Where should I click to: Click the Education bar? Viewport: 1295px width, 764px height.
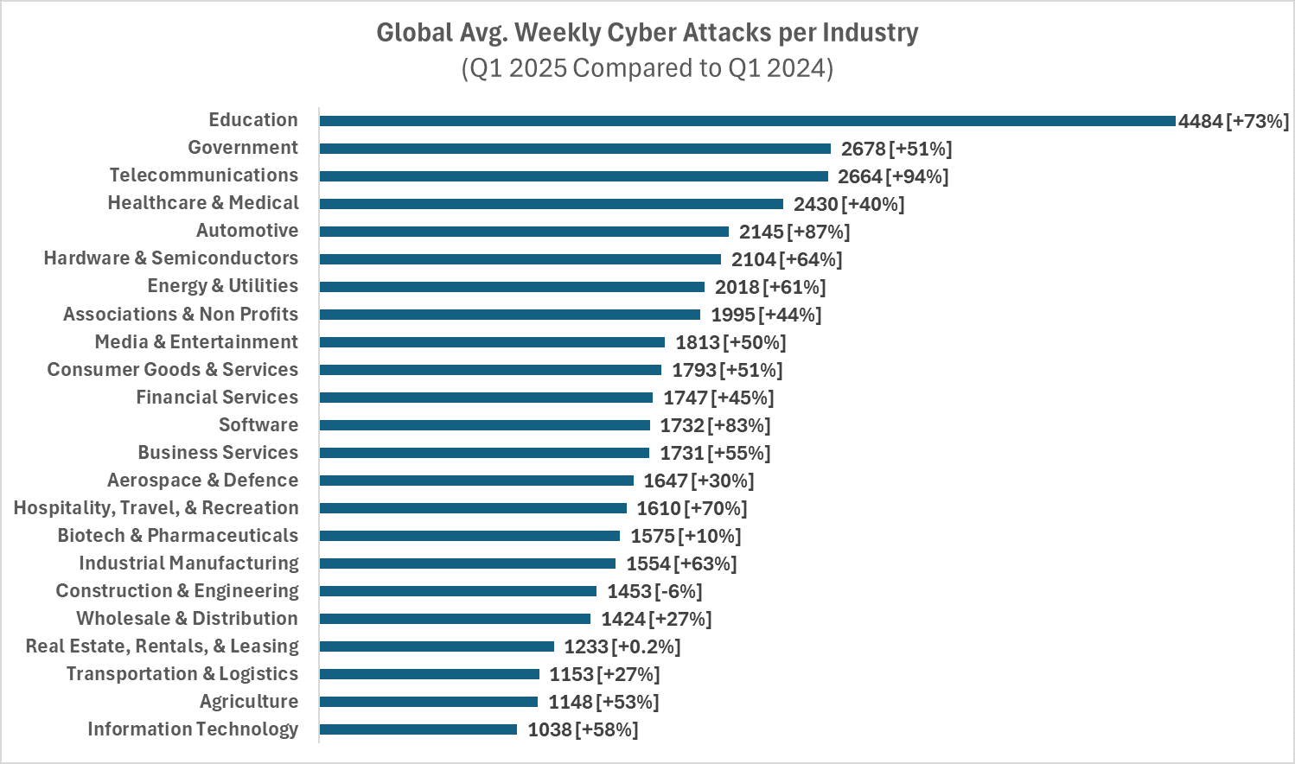click(x=747, y=121)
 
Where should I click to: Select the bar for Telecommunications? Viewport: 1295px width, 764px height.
click(x=573, y=176)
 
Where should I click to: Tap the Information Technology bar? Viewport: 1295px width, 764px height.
click(x=418, y=729)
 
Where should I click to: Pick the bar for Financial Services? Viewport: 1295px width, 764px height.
click(x=486, y=398)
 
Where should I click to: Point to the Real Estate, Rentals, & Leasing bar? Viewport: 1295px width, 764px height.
click(x=437, y=646)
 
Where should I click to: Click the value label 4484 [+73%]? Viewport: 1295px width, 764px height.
click(x=1233, y=121)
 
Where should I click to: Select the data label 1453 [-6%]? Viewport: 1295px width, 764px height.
click(x=654, y=591)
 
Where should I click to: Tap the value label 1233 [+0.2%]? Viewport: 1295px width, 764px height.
click(x=622, y=646)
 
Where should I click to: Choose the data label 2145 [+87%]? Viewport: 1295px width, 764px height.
click(x=794, y=232)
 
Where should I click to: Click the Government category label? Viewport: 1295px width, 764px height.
click(x=243, y=148)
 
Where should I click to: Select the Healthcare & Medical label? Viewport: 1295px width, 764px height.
click(x=203, y=203)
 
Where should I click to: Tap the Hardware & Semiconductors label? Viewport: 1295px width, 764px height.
click(x=171, y=258)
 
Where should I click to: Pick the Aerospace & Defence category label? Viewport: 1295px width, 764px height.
click(x=202, y=481)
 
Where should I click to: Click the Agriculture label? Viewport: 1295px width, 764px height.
click(x=249, y=702)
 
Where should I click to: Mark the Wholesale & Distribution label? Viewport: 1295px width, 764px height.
click(x=187, y=619)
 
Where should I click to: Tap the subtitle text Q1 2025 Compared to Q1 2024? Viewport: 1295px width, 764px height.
click(x=647, y=67)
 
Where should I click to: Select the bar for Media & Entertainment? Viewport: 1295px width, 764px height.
click(x=492, y=342)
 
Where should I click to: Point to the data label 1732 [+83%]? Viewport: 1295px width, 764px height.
click(x=715, y=425)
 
